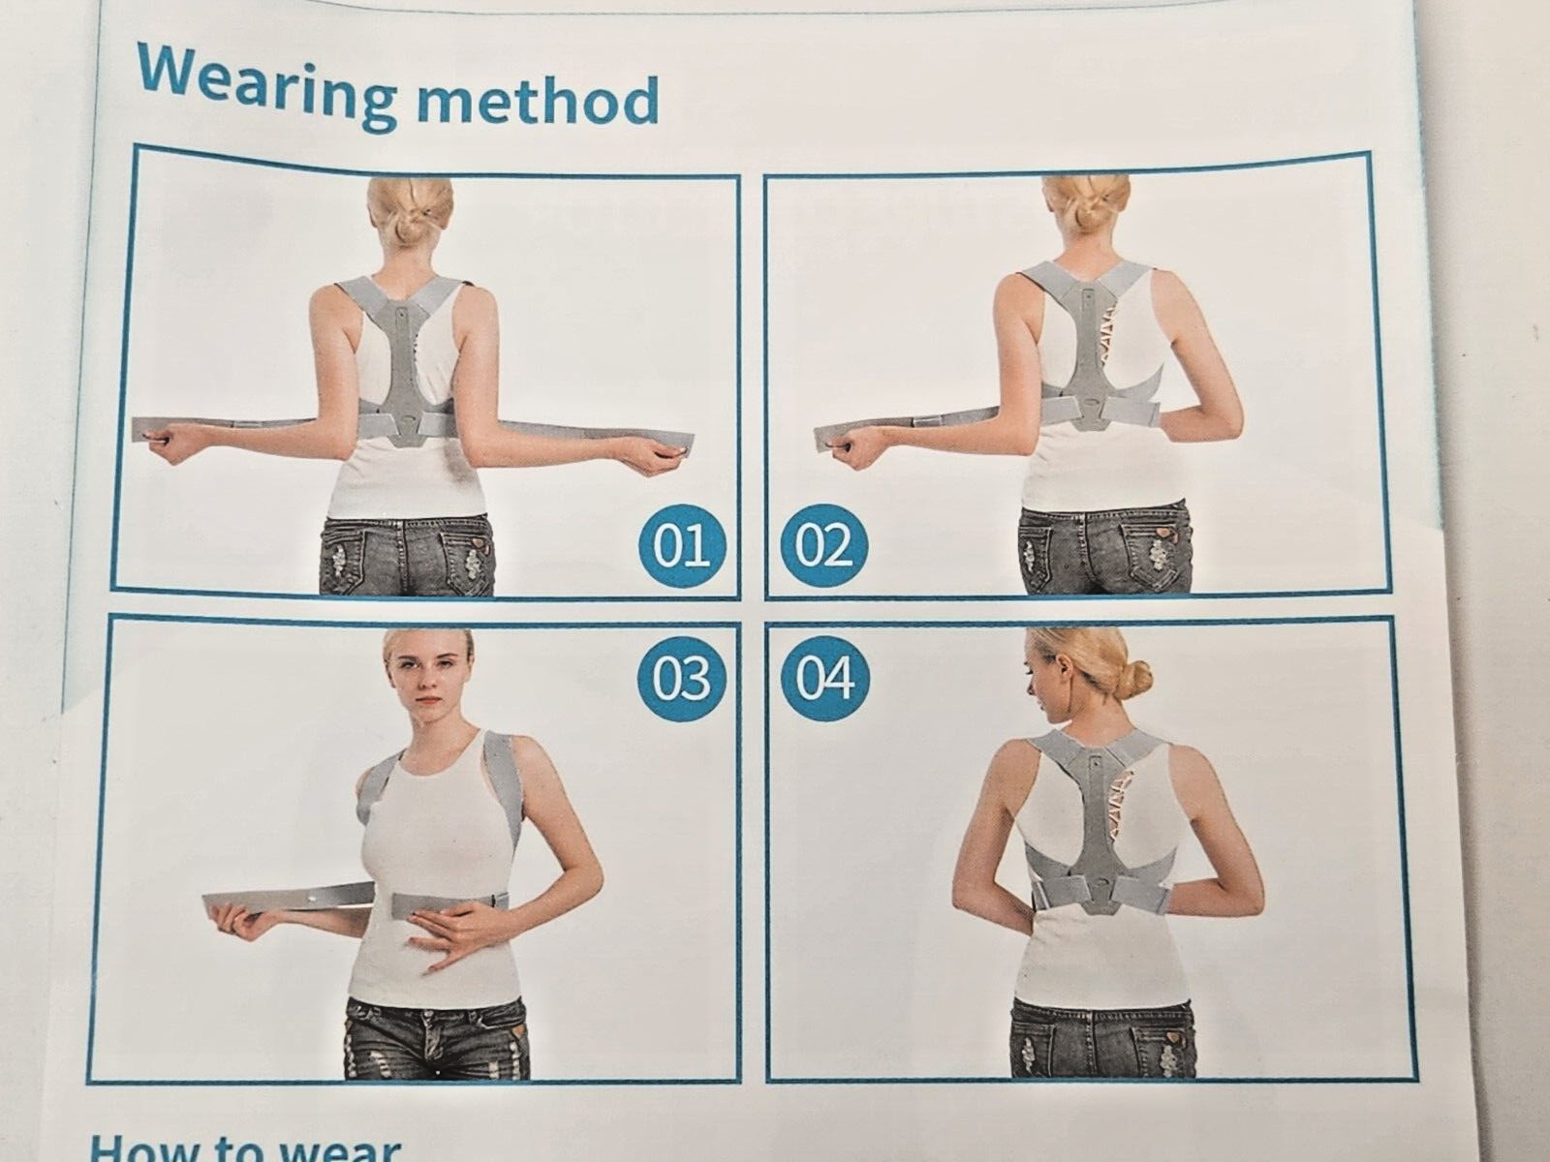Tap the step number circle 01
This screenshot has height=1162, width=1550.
(x=681, y=546)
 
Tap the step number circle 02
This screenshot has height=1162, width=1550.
(x=823, y=544)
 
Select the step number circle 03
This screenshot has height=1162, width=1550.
(x=680, y=678)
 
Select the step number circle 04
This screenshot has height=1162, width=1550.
(x=823, y=676)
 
